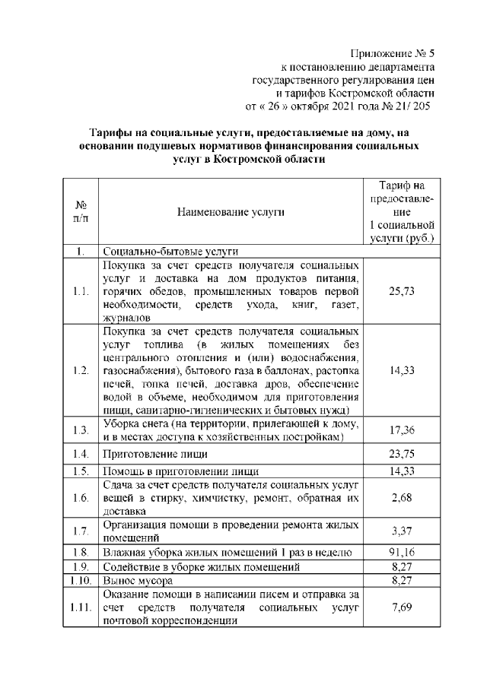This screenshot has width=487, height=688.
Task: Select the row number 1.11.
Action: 79,607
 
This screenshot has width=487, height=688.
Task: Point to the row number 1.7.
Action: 79,529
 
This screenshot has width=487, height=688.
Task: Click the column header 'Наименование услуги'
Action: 231,212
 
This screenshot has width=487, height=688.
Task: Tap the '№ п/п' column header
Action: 79,212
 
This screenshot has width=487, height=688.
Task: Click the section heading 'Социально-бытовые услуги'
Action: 170,251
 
